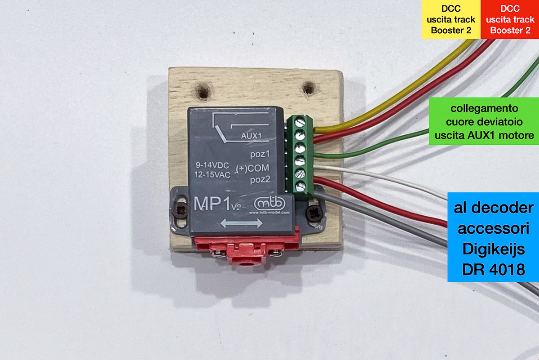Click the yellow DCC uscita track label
(x=451, y=19)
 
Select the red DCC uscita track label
(x=510, y=19)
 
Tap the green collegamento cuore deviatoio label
(x=484, y=121)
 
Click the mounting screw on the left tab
(x=182, y=209)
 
